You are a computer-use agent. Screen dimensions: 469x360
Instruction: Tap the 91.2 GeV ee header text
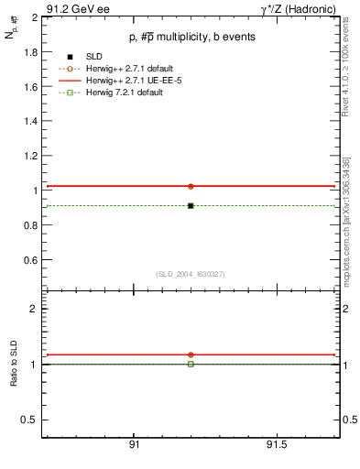click(x=78, y=7)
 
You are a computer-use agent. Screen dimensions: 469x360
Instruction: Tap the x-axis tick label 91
click(x=134, y=444)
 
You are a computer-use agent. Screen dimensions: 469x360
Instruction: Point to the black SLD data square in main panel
click(x=191, y=205)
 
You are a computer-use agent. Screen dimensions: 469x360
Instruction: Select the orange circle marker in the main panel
click(x=191, y=186)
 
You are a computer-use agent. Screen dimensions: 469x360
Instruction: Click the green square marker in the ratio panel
click(x=191, y=364)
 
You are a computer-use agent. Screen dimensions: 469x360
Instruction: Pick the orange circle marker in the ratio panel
click(x=191, y=354)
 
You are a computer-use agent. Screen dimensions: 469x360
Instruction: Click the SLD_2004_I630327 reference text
click(x=191, y=273)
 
